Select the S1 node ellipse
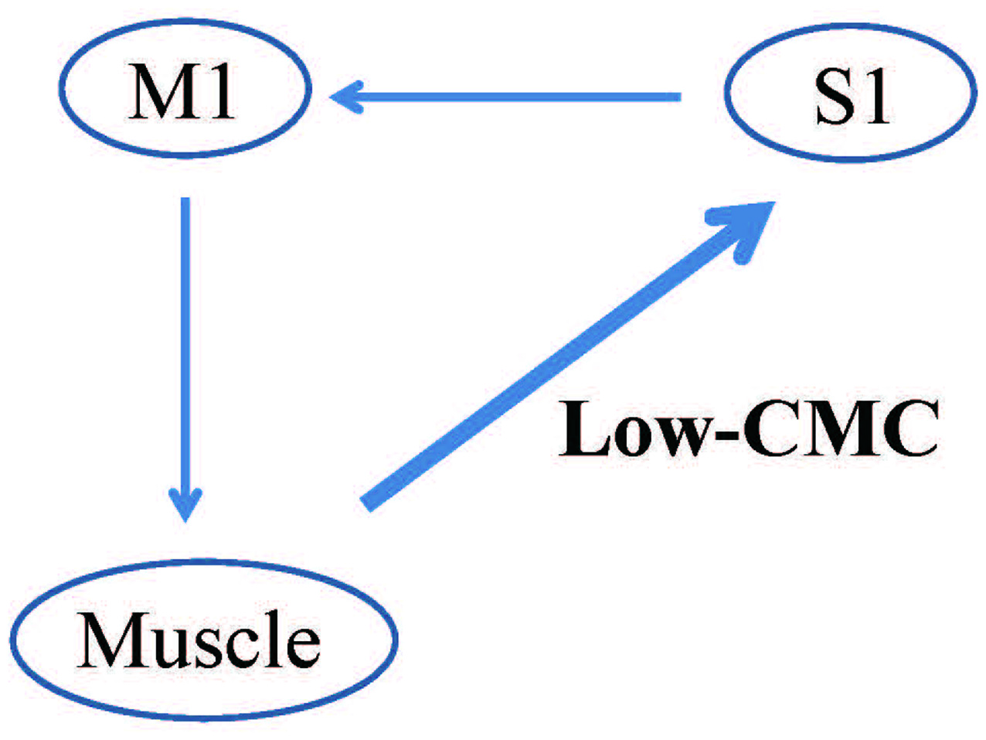(x=851, y=94)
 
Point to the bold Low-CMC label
(x=748, y=429)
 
